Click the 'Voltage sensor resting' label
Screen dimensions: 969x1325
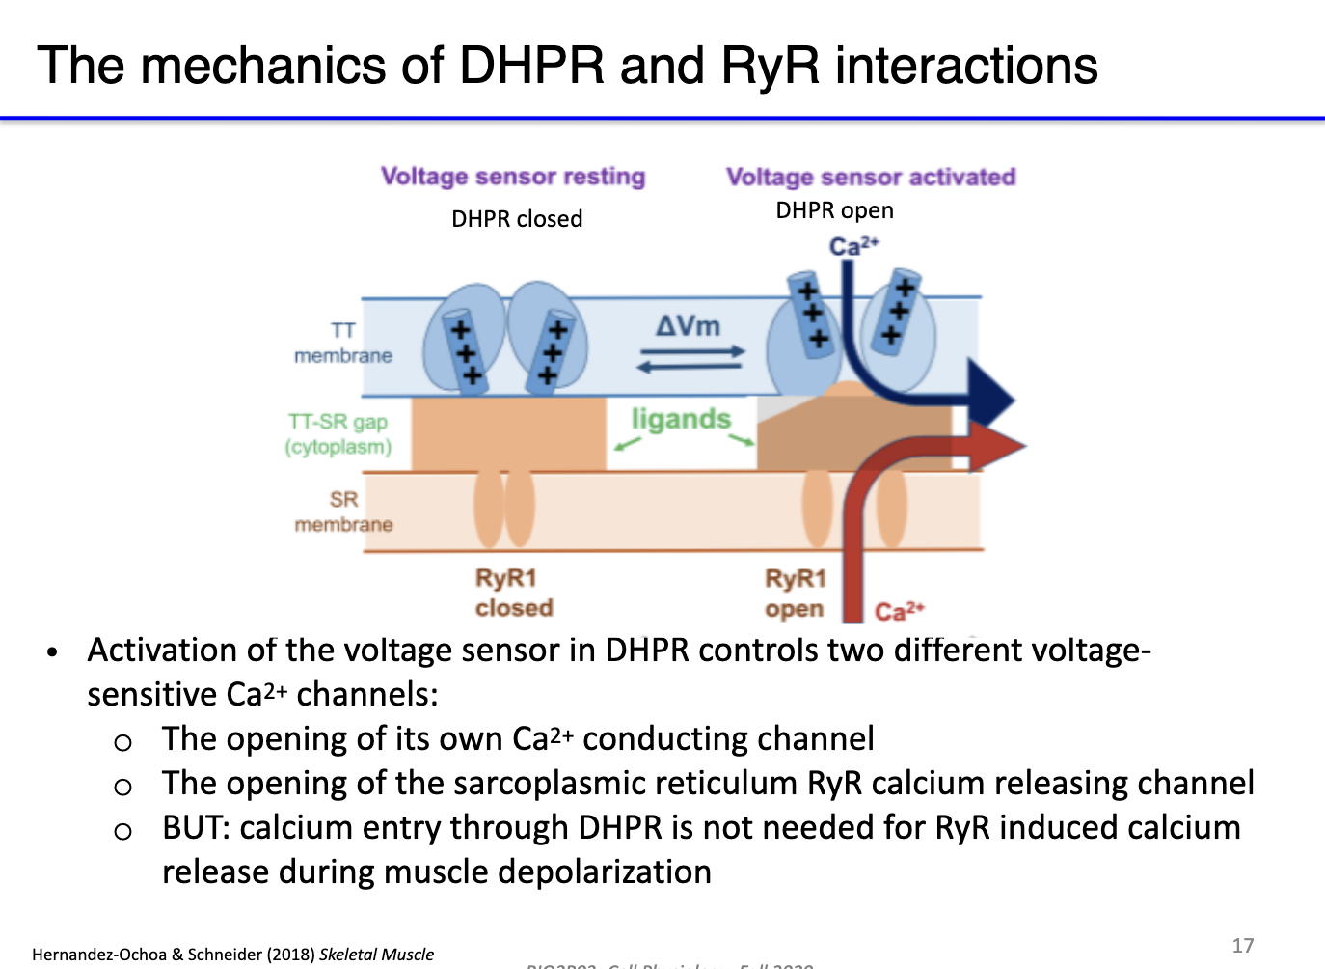(x=512, y=177)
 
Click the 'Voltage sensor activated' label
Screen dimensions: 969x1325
(x=870, y=177)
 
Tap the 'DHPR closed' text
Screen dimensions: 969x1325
(x=517, y=219)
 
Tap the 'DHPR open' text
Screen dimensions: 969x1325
(x=834, y=210)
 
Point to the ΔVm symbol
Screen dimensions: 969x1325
(x=688, y=326)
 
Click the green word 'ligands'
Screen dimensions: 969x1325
(x=681, y=419)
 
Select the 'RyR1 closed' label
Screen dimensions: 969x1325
(x=513, y=593)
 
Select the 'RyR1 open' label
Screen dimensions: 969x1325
(x=795, y=594)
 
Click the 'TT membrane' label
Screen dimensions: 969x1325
(x=342, y=344)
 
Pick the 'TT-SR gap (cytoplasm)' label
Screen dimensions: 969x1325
(x=338, y=434)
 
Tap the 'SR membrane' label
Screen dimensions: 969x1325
(x=343, y=512)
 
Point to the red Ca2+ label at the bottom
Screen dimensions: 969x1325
(x=899, y=612)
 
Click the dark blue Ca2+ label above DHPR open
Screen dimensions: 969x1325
(x=853, y=246)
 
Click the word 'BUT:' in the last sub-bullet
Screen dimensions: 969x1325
(x=197, y=828)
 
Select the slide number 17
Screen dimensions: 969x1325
(x=1243, y=945)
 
